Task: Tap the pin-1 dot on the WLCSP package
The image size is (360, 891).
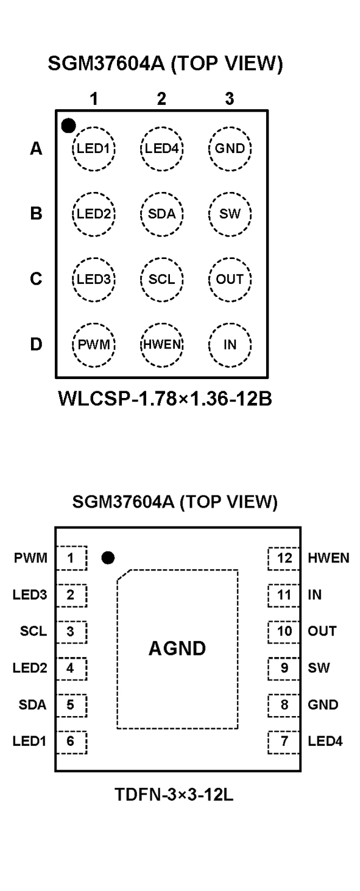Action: tap(68, 126)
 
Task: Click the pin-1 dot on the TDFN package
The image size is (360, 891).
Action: tap(108, 558)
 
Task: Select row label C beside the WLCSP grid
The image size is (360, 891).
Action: tap(36, 279)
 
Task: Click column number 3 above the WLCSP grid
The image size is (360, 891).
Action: tap(230, 98)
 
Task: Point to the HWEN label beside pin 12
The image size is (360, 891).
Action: tap(328, 558)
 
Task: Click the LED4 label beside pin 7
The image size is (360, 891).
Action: tap(325, 742)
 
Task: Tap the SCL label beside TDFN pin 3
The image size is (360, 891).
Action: tap(34, 631)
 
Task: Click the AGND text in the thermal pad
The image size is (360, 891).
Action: tap(177, 648)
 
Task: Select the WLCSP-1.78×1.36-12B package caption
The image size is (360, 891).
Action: tap(165, 399)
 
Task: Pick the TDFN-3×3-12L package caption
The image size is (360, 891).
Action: tap(174, 795)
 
